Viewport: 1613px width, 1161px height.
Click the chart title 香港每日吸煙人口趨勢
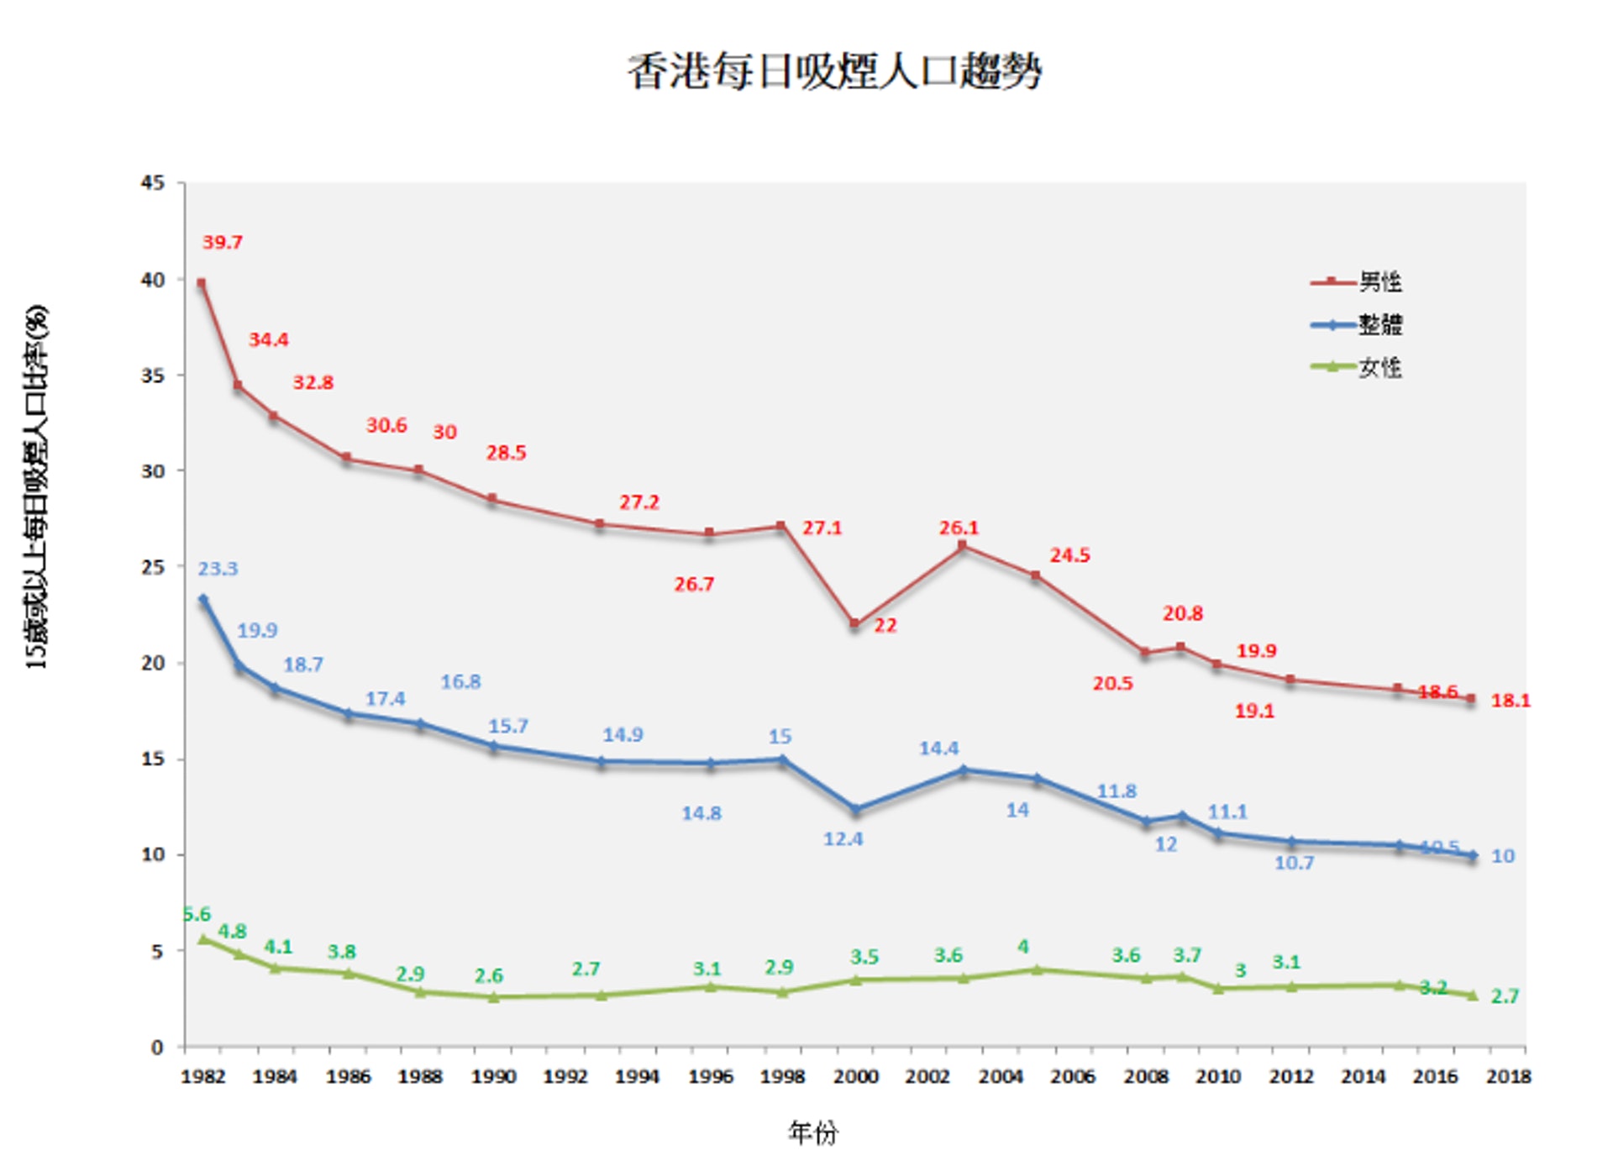click(834, 71)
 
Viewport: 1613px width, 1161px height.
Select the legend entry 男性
click(1379, 282)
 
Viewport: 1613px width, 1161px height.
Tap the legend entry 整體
click(1379, 325)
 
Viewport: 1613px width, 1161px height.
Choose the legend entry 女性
click(1379, 368)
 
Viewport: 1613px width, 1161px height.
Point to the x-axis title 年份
click(812, 1132)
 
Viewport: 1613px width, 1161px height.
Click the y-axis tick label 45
click(153, 183)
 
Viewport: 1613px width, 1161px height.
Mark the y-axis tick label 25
click(153, 567)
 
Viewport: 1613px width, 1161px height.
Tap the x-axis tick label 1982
click(203, 1076)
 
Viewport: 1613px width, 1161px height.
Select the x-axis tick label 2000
click(855, 1076)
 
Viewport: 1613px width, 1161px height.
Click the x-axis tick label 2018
click(1508, 1076)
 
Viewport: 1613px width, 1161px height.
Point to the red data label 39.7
click(223, 243)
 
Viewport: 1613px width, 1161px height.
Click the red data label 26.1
click(959, 528)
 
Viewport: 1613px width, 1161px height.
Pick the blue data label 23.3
click(218, 569)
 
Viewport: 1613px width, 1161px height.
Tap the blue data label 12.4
click(843, 839)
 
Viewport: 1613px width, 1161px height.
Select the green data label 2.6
click(488, 976)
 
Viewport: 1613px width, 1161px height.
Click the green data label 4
click(1022, 947)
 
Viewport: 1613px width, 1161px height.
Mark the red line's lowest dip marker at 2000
click(854, 624)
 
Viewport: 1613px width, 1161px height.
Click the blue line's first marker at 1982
click(203, 600)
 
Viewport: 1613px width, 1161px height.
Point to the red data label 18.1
click(1510, 701)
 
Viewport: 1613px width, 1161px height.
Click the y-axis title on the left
click(37, 487)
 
